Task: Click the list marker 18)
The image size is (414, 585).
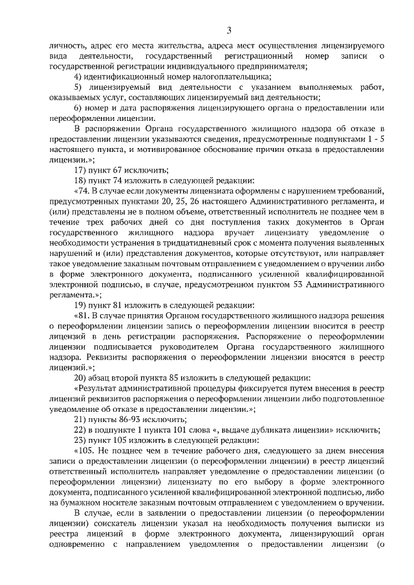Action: [x=81, y=180]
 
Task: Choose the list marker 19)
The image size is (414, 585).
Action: [x=81, y=304]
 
